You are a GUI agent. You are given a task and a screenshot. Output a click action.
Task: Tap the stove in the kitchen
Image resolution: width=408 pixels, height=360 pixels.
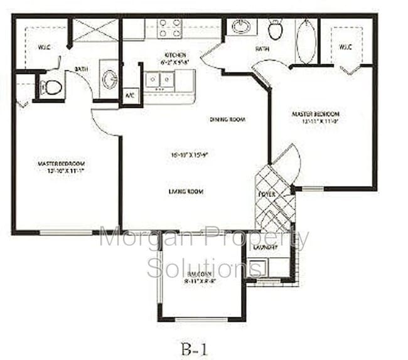click(169, 28)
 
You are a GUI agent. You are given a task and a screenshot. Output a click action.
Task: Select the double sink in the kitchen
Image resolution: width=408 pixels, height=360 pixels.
click(159, 80)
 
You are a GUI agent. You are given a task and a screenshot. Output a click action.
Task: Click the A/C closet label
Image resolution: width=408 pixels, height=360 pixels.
click(130, 95)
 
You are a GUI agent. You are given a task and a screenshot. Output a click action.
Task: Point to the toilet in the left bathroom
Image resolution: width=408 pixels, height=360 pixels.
click(51, 87)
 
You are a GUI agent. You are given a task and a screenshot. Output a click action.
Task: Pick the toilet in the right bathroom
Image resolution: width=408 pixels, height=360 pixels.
click(275, 29)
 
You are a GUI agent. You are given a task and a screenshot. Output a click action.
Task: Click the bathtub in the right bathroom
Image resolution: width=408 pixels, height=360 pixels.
click(306, 41)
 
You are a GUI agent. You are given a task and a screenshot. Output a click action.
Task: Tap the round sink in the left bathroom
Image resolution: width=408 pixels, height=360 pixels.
click(109, 80)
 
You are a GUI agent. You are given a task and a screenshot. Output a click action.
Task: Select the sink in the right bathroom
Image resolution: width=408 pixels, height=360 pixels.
click(240, 26)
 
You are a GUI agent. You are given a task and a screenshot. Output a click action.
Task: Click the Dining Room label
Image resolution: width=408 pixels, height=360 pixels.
click(227, 119)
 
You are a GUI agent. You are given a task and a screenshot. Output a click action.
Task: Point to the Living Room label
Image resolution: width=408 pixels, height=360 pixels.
click(186, 192)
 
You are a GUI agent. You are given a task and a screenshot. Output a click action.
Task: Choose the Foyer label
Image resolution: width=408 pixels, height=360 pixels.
click(266, 194)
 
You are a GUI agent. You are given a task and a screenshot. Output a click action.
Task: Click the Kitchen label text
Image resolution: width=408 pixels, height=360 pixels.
click(174, 55)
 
